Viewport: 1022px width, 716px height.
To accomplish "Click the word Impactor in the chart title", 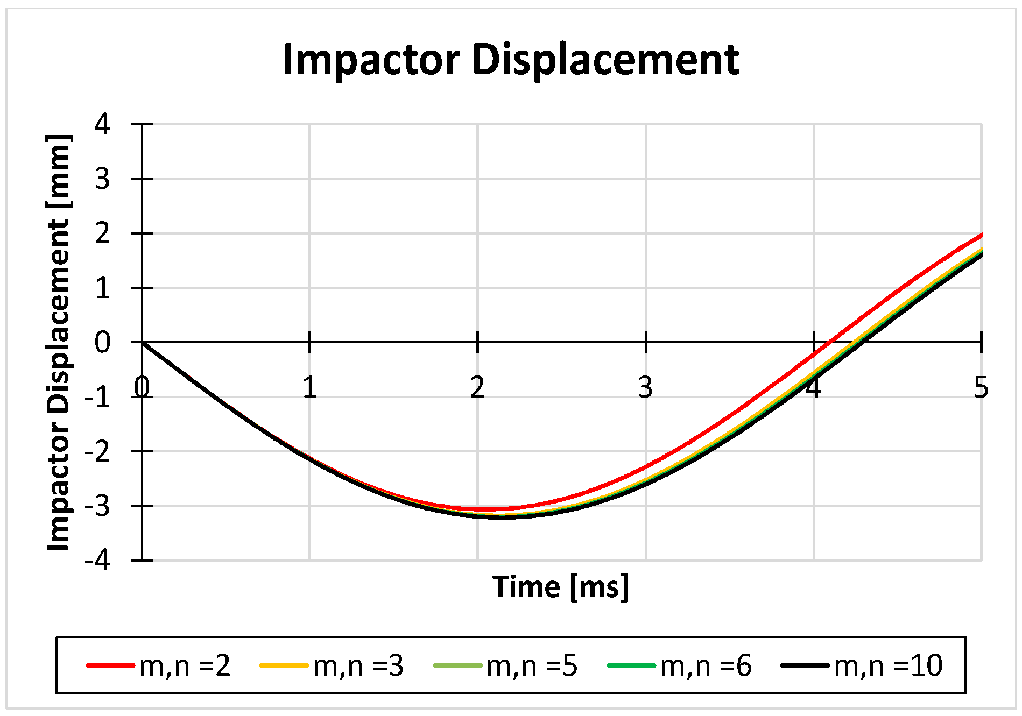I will tap(371, 60).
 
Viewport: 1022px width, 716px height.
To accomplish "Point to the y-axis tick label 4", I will tap(102, 125).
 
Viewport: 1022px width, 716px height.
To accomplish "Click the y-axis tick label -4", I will tap(97, 561).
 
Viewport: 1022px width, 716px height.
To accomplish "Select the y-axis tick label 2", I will tap(102, 234).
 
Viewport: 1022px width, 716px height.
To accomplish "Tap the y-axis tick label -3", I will tap(97, 506).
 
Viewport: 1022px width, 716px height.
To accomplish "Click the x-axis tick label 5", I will tap(981, 388).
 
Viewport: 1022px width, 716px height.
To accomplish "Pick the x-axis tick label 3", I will tap(645, 388).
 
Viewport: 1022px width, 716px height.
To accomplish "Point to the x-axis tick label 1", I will tap(309, 388).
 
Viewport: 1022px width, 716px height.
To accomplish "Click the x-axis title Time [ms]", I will tap(560, 587).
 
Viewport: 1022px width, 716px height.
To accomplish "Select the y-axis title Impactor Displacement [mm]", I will tap(59, 343).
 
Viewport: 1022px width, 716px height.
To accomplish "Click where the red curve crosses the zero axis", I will tap(830, 342).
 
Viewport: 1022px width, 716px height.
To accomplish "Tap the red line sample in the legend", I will tap(110, 666).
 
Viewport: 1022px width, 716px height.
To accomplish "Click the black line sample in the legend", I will tap(805, 666).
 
